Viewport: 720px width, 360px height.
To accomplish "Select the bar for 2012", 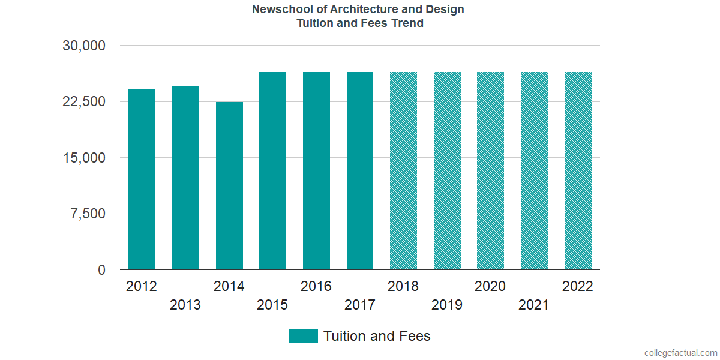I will click(142, 179).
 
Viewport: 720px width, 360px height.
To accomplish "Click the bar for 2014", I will click(229, 186).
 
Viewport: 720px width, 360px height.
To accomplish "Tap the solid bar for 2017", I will click(360, 171).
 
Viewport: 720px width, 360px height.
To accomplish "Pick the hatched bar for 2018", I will click(403, 171).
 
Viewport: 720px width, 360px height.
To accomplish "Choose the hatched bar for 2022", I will click(578, 171).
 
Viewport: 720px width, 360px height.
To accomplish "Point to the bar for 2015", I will click(272, 171).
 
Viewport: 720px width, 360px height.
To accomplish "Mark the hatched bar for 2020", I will click(490, 171).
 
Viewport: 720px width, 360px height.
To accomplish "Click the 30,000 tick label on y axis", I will click(84, 46).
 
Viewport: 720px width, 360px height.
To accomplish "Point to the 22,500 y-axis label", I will click(84, 101).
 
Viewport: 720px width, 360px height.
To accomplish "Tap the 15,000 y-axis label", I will click(84, 158).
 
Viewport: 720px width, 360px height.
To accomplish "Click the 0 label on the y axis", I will click(102, 270).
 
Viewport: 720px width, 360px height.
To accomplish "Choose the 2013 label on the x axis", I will click(185, 305).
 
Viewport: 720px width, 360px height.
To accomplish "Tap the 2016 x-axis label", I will click(316, 286).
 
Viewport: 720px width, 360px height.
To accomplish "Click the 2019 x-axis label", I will click(447, 305).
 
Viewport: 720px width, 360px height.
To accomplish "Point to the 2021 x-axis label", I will click(534, 305).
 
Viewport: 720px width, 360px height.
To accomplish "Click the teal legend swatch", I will click(303, 336).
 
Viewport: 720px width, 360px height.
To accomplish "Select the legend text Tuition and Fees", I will click(377, 336).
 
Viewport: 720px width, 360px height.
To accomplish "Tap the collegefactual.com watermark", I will click(680, 353).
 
